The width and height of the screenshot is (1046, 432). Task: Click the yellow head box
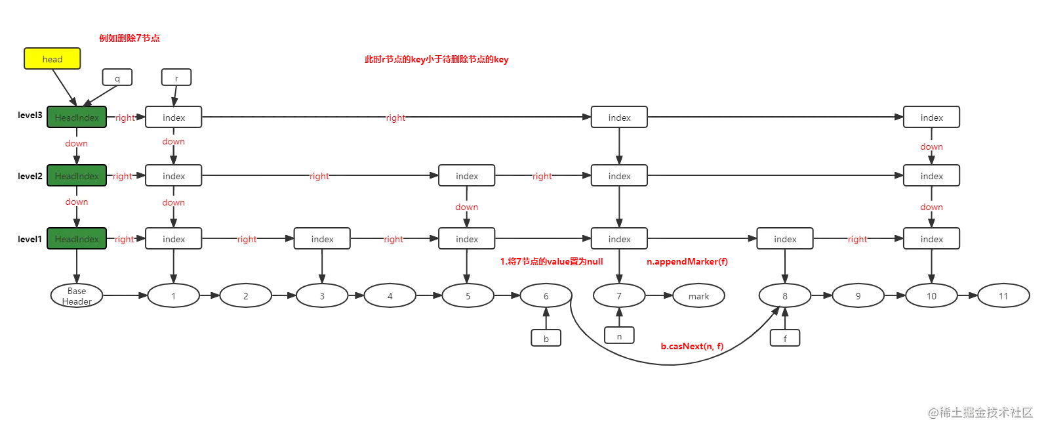pos(52,58)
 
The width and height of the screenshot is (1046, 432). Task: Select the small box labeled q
pos(117,77)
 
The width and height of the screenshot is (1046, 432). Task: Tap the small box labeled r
pos(176,77)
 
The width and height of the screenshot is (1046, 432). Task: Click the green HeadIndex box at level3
pos(77,117)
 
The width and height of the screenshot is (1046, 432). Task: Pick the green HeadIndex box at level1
pos(77,238)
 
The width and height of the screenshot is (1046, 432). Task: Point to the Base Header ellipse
pos(77,295)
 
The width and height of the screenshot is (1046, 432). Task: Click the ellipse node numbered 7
pos(619,295)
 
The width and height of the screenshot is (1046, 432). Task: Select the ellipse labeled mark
pos(698,295)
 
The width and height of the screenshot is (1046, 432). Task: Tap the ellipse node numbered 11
pos(1003,295)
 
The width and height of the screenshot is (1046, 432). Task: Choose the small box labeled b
pos(546,338)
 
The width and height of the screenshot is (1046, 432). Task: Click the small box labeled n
pos(619,335)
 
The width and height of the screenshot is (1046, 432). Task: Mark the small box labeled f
pos(785,338)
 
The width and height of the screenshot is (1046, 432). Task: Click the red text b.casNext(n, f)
pos(692,346)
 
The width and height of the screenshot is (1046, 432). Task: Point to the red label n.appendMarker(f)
pos(687,261)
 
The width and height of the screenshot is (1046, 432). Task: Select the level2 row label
pos(30,176)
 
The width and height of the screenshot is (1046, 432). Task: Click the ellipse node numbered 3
pos(322,295)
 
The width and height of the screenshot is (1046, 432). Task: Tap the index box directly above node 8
pos(785,238)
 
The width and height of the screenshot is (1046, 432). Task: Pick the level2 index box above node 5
pos(466,175)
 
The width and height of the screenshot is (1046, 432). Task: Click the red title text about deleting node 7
pos(129,38)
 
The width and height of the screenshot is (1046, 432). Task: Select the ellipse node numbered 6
pos(546,295)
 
